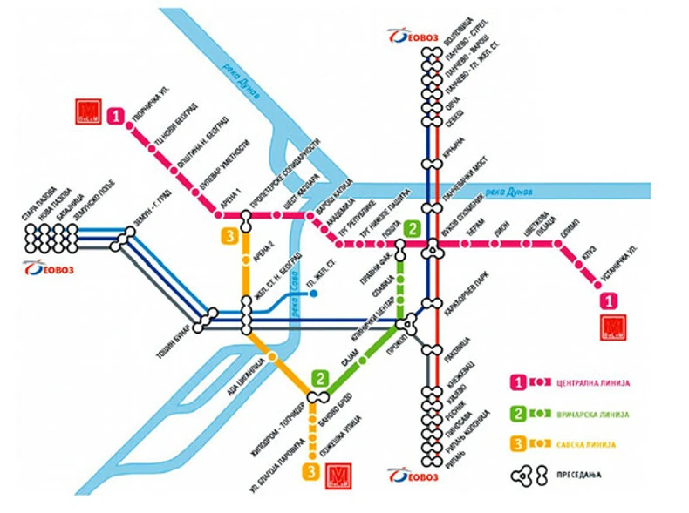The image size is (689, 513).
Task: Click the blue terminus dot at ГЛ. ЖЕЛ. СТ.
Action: (x=313, y=294)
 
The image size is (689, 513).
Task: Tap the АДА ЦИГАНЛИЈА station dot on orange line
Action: (x=274, y=357)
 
